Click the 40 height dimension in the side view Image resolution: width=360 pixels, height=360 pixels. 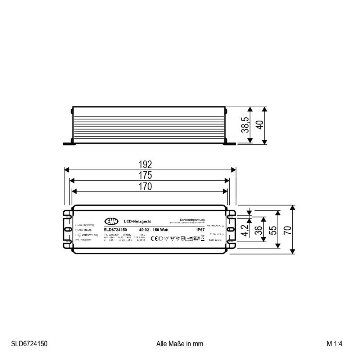[x=260, y=125]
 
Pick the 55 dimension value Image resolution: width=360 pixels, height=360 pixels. [x=274, y=230]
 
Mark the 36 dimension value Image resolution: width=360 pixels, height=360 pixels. [x=259, y=230]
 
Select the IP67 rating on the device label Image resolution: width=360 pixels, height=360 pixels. [x=201, y=230]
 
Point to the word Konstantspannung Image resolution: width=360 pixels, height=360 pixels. [x=192, y=220]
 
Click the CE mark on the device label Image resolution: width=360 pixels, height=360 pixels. [x=153, y=238]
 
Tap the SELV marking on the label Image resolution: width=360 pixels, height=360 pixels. [x=196, y=238]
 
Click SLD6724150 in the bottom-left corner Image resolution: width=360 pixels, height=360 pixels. [x=29, y=344]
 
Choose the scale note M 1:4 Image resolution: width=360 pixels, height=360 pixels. [x=334, y=344]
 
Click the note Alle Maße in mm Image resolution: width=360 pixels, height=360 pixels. [x=180, y=344]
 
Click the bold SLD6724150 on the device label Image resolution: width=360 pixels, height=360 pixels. [x=115, y=230]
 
